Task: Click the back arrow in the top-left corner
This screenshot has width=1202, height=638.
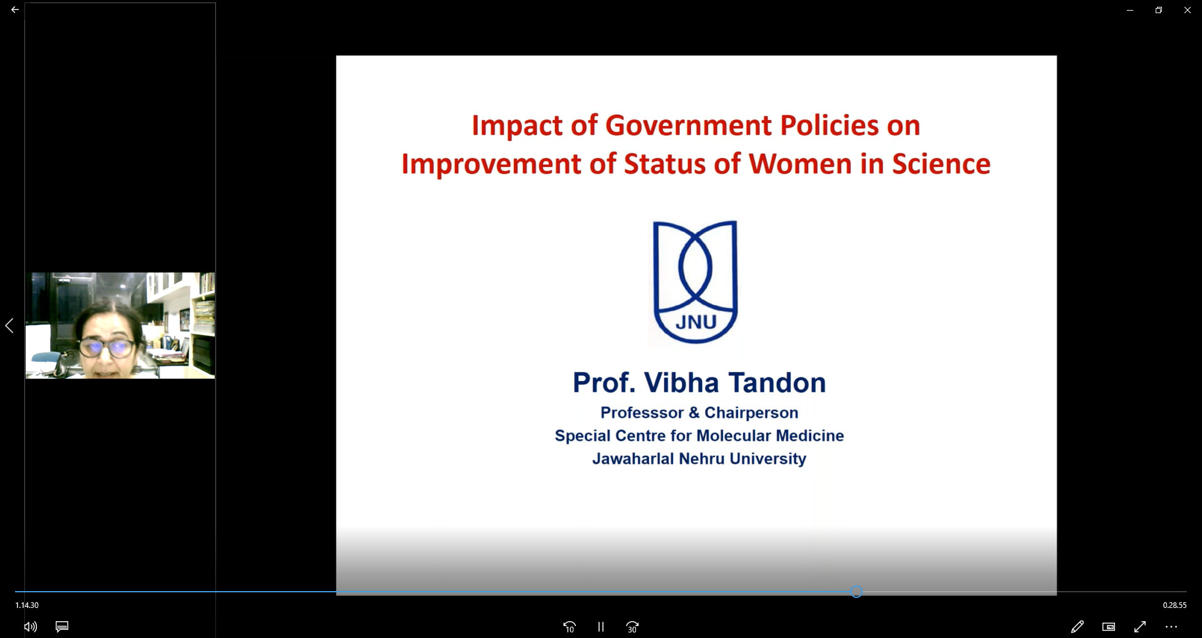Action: tap(14, 10)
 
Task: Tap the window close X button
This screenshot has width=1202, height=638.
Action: tap(1187, 10)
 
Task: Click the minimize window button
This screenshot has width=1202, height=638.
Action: tap(1130, 10)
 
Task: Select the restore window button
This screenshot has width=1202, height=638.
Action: tap(1159, 10)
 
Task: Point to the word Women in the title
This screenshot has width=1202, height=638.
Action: tap(800, 164)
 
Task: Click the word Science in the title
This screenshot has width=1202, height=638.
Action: tap(941, 164)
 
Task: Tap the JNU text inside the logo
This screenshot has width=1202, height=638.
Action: tap(696, 322)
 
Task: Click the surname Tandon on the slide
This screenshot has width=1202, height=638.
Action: tap(777, 383)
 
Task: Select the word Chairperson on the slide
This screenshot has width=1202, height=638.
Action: tap(751, 413)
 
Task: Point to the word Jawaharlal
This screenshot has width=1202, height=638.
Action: tap(634, 459)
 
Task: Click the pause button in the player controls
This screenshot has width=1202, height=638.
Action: tap(600, 627)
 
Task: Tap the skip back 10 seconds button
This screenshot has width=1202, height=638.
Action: tap(569, 627)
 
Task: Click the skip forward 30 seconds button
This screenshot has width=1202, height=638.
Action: tap(632, 627)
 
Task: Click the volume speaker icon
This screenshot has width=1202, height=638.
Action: tap(30, 627)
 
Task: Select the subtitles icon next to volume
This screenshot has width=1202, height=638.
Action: tap(62, 627)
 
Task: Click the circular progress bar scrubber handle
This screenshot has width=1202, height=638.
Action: tap(856, 592)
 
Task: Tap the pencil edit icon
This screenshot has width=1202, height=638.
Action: tap(1077, 627)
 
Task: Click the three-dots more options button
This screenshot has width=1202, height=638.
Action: tap(1171, 627)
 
